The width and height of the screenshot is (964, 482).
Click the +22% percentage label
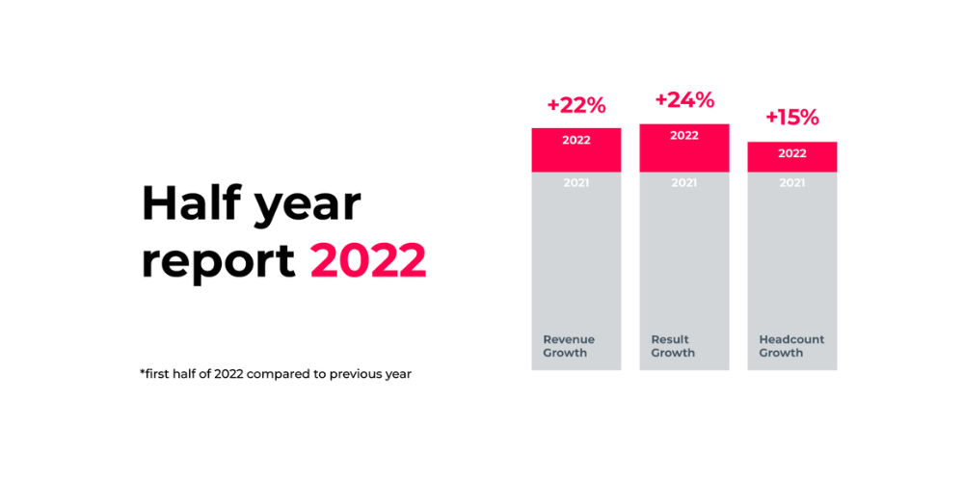pos(576,106)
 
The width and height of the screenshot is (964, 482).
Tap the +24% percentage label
pos(683,100)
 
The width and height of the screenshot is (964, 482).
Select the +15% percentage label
pos(791,118)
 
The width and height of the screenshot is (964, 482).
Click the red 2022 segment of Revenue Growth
pos(576,149)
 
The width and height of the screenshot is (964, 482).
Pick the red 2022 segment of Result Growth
pos(683,147)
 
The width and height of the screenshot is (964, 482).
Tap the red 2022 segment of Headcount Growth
pos(791,157)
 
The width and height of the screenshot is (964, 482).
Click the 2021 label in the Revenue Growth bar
pos(576,182)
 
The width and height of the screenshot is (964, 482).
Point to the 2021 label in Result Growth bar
pos(683,182)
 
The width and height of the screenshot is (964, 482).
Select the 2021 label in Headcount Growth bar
pos(791,182)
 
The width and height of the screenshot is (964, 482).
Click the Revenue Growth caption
pos(569,346)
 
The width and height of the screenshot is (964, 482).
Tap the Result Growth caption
pos(673,346)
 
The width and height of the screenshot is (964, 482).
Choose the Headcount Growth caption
pos(791,346)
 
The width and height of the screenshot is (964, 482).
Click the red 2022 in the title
pos(368,260)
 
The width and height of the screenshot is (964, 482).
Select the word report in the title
pos(218,262)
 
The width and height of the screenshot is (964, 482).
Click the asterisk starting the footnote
pos(143,371)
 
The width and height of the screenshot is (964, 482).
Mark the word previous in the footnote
pos(358,374)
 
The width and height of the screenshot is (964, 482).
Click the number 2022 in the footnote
pos(228,374)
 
